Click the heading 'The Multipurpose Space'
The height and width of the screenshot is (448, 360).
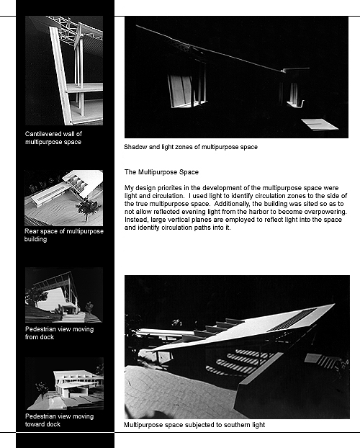tap(161, 172)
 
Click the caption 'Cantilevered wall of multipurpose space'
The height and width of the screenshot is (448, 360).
tap(53, 138)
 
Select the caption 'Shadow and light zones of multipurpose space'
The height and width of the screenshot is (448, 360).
tap(191, 147)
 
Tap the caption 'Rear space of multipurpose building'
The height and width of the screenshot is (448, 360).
tap(63, 235)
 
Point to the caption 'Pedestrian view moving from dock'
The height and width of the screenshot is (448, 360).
tap(60, 333)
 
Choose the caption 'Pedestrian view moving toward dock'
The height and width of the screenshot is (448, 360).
tap(60, 420)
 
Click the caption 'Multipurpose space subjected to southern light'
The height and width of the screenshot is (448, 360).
tap(194, 425)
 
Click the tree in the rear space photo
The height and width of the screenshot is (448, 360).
tap(87, 209)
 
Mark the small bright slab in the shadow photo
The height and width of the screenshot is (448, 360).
tap(320, 125)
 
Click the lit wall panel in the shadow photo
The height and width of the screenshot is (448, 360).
tap(181, 91)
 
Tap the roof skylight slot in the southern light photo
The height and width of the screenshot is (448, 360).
tap(292, 320)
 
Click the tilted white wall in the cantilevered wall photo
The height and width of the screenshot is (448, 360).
tap(60, 76)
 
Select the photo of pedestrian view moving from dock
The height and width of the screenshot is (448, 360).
tap(64, 295)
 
